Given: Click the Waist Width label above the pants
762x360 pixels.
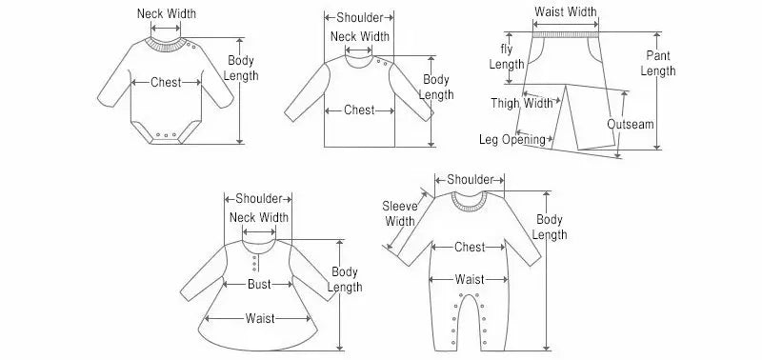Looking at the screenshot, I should point(566,12).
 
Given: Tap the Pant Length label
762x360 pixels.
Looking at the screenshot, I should point(658,64).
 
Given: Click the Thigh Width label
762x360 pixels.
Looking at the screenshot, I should point(522,103).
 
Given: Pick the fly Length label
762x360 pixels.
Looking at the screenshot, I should point(507,56).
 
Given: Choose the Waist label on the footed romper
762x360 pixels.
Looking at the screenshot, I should point(470,279).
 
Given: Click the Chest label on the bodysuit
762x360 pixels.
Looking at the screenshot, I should point(166,83).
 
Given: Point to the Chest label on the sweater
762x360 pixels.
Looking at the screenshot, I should point(359,110).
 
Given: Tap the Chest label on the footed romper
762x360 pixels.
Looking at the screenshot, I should point(470,248).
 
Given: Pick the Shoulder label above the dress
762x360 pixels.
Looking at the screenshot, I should point(258,198).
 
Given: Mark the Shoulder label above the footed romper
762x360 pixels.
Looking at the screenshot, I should point(470,179).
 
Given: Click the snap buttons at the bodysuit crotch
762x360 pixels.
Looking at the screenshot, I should point(168,135).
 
